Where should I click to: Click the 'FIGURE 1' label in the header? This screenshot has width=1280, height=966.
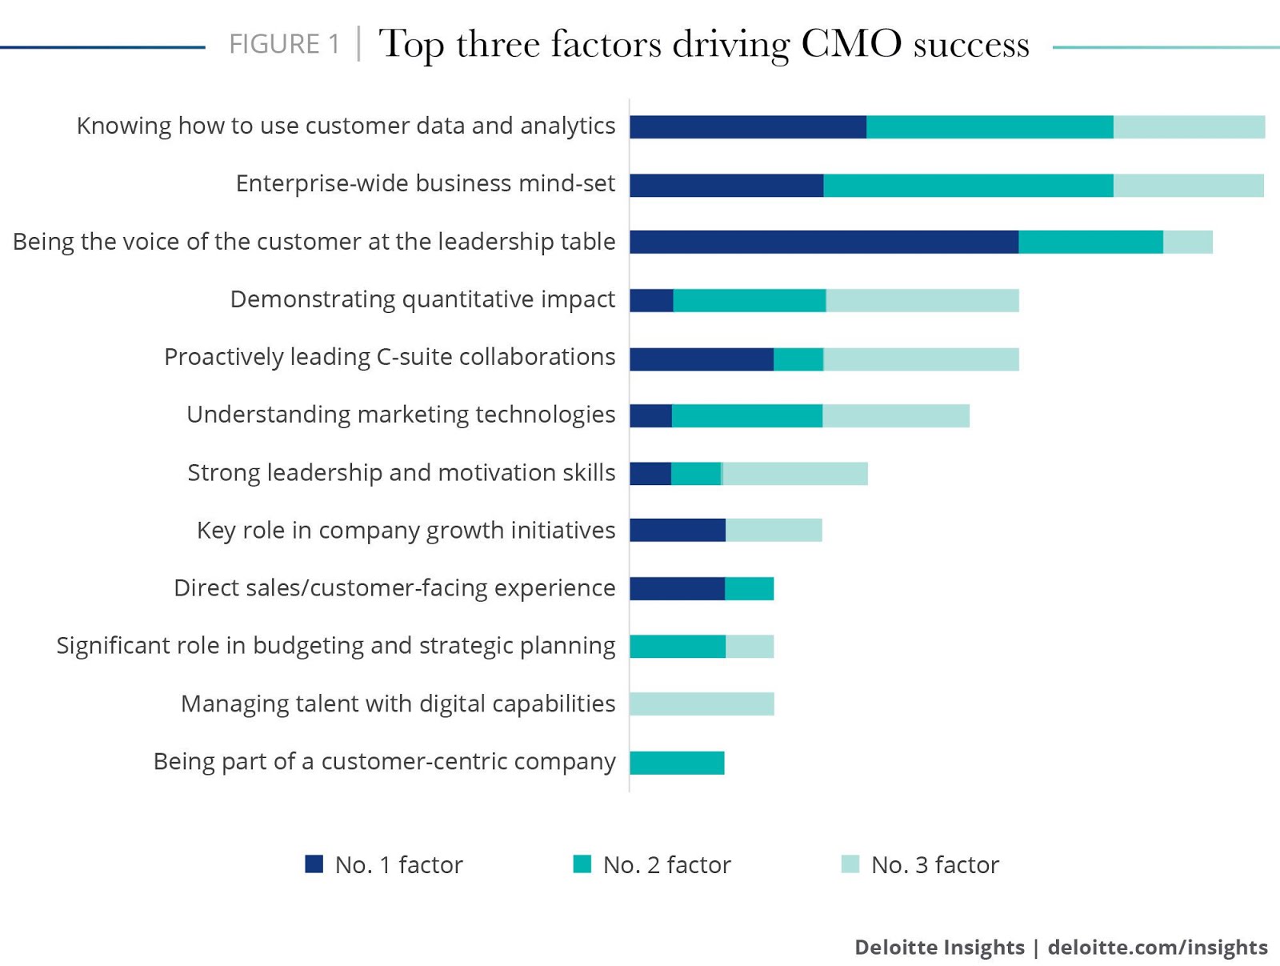[x=284, y=44]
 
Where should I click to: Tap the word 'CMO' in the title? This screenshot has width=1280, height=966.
[x=850, y=44]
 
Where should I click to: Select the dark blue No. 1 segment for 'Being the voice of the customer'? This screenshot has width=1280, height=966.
[x=824, y=242]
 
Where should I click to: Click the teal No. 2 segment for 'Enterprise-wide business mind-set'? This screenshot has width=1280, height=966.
[x=968, y=185]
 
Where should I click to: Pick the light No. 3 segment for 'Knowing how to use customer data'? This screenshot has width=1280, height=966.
[x=1189, y=126]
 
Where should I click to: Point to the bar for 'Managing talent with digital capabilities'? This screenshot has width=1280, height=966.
[x=702, y=704]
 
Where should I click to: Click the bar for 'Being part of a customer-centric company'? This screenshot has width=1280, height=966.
[x=677, y=763]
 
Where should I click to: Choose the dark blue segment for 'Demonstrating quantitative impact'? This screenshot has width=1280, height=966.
[x=651, y=300]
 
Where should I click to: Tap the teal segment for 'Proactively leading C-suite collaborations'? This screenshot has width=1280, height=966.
[x=798, y=359]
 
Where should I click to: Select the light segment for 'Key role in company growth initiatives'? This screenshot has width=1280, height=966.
[x=774, y=531]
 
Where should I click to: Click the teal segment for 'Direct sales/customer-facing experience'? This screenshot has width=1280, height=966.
[x=749, y=589]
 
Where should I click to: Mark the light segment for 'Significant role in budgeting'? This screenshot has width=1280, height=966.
[x=750, y=647]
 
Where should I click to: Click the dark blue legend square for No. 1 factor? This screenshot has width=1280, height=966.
[x=314, y=864]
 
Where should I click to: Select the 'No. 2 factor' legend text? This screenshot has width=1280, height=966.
[x=666, y=865]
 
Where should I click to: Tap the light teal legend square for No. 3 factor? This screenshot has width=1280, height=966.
[x=850, y=864]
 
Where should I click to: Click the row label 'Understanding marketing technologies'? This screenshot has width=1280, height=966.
[x=401, y=415]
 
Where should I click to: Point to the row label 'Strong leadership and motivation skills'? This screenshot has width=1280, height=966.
[x=402, y=473]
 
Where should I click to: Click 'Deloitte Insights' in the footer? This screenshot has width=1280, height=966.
[x=939, y=948]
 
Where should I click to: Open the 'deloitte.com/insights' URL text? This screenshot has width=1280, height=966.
[x=1158, y=948]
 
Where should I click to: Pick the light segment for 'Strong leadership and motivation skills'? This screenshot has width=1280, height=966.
[x=795, y=474]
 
